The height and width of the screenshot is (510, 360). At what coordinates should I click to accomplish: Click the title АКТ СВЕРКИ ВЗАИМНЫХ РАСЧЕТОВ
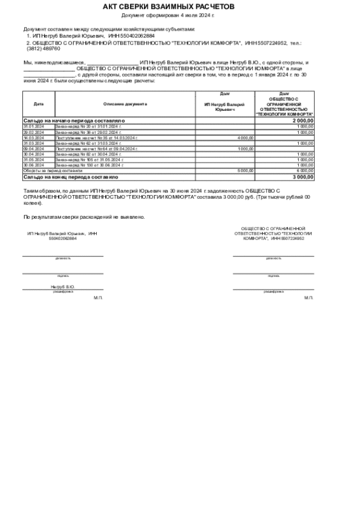tap(168, 6)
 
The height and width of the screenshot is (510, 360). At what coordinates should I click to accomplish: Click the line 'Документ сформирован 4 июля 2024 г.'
tap(168, 15)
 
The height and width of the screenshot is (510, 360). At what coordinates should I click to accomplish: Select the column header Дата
tap(39, 103)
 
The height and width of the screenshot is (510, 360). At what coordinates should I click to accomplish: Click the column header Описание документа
tap(125, 103)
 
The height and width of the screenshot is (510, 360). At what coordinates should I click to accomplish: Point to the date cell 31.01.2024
tap(34, 126)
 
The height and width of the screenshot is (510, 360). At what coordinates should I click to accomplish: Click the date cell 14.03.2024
tap(34, 138)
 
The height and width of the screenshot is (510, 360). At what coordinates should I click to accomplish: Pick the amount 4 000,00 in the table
tap(245, 138)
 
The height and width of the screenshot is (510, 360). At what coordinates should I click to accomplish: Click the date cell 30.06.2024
tap(34, 165)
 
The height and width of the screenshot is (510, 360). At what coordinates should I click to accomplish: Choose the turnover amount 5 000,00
tap(245, 171)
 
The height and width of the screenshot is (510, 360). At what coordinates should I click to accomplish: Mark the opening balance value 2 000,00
tap(303, 120)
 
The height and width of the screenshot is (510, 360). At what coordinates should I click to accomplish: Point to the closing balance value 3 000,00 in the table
tap(303, 177)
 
